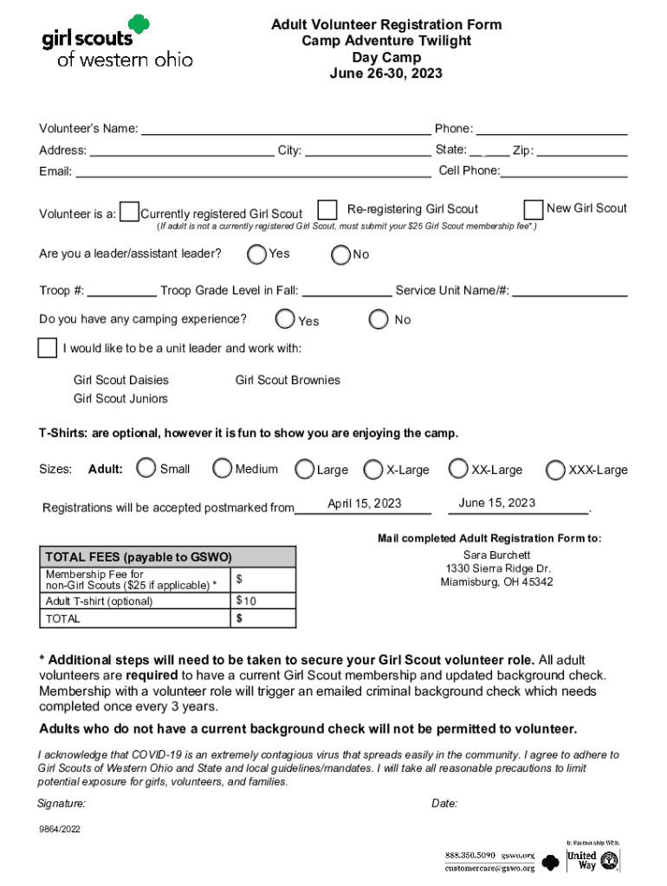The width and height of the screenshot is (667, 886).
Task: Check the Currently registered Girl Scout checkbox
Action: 129,212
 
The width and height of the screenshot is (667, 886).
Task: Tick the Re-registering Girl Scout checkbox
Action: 327,210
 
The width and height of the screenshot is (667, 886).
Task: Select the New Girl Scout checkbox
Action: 534,209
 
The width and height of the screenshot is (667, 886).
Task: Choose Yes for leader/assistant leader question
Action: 256,254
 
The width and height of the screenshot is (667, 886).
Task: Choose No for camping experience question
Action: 379,319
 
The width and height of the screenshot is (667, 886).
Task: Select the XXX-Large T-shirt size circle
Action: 555,470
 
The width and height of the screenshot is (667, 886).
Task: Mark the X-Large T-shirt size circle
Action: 373,470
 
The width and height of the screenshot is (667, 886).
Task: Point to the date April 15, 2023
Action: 364,504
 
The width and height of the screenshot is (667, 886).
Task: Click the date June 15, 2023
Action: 497,503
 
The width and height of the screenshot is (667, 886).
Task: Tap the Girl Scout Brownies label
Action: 288,380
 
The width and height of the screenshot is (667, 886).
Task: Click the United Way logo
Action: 593,860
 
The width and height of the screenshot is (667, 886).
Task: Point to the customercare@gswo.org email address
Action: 489,868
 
